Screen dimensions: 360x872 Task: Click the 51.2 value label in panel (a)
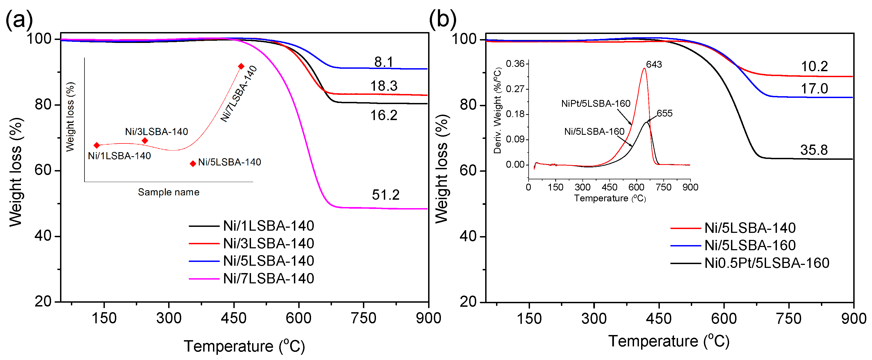pyautogui.click(x=385, y=195)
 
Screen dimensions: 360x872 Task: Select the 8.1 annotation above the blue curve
pyautogui.click(x=384, y=62)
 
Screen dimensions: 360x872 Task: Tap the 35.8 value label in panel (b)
pyautogui.click(x=814, y=150)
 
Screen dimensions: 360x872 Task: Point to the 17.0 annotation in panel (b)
pyautogui.click(x=814, y=89)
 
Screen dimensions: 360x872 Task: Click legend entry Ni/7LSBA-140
pyautogui.click(x=268, y=279)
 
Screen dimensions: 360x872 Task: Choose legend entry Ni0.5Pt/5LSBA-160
pyautogui.click(x=766, y=263)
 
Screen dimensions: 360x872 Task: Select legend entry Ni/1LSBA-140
pyautogui.click(x=268, y=226)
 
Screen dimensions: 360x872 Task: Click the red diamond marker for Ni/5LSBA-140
pyautogui.click(x=193, y=164)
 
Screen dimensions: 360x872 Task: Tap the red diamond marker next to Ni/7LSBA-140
pyautogui.click(x=241, y=66)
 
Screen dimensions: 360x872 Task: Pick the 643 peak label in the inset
pyautogui.click(x=654, y=64)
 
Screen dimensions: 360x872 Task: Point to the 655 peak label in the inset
pyautogui.click(x=664, y=114)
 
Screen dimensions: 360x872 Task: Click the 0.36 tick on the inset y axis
pyautogui.click(x=515, y=64)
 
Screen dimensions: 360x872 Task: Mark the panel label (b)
pyautogui.click(x=443, y=19)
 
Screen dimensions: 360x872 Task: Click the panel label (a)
pyautogui.click(x=19, y=19)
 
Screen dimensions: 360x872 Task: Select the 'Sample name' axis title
pyautogui.click(x=169, y=192)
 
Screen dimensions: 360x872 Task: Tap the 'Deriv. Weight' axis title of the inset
pyautogui.click(x=497, y=111)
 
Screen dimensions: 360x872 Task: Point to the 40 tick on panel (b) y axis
pyautogui.click(x=468, y=236)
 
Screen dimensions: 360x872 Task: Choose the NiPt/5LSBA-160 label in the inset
pyautogui.click(x=595, y=104)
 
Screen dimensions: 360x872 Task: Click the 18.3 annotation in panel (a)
pyautogui.click(x=384, y=86)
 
